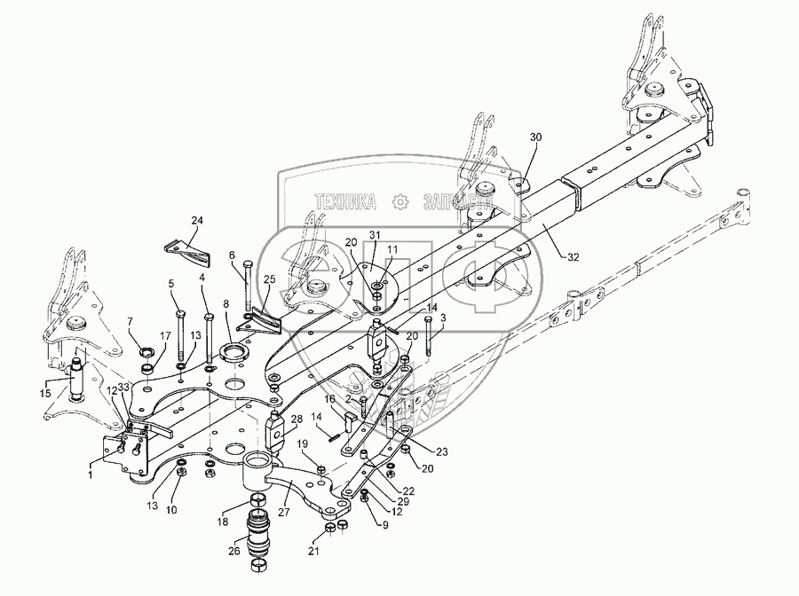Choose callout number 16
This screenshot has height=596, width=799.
[x=329, y=400]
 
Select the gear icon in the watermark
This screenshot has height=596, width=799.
[x=399, y=201]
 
